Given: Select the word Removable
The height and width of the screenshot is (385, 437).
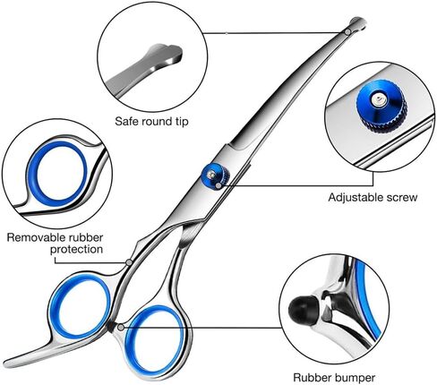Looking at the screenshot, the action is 37,237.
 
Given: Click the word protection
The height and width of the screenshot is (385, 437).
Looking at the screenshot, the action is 76,250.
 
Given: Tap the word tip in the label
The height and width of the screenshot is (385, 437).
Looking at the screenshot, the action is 182,122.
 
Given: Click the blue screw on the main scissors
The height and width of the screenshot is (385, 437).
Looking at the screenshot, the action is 215,175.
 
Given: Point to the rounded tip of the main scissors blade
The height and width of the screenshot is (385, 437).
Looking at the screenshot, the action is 357,23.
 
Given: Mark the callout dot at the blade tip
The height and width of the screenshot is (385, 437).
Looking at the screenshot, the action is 347,32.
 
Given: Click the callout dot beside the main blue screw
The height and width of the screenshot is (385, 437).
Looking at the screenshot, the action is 218,185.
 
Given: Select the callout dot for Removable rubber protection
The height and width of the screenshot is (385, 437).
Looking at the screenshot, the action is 129,262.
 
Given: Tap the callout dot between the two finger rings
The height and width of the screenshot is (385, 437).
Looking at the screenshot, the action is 121,328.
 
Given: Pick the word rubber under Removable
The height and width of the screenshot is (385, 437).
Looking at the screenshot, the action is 86,237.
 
